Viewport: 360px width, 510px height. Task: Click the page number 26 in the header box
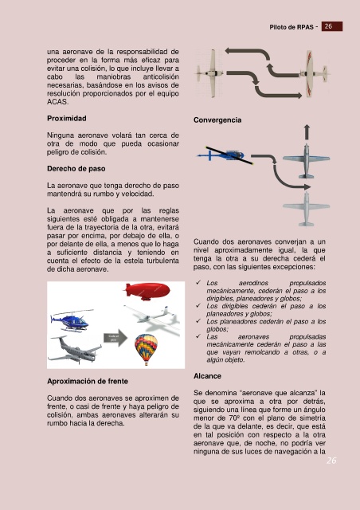point(328,26)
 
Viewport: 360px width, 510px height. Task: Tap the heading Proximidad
point(67,119)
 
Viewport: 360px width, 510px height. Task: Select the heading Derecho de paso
point(76,168)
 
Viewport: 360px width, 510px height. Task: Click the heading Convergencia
point(217,120)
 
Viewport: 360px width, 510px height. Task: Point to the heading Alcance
point(207,376)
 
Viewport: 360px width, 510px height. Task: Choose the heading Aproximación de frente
point(88,381)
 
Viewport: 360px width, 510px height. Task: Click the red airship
point(147,291)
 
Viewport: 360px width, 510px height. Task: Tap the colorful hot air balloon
point(146,349)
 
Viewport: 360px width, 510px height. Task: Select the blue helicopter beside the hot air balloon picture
point(71,320)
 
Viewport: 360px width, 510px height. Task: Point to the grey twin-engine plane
point(75,351)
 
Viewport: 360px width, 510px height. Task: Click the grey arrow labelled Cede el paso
point(115,338)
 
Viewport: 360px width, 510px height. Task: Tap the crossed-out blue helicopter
point(225,155)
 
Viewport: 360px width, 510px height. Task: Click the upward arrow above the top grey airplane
point(307,131)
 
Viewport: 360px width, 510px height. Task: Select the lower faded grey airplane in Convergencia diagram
point(306,209)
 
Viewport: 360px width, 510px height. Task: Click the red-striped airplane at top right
point(314,74)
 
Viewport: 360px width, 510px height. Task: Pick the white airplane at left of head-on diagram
point(209,73)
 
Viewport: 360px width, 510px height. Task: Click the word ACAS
point(57,102)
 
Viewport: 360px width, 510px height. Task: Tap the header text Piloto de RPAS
point(292,27)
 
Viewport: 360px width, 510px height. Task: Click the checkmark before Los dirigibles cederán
point(198,305)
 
